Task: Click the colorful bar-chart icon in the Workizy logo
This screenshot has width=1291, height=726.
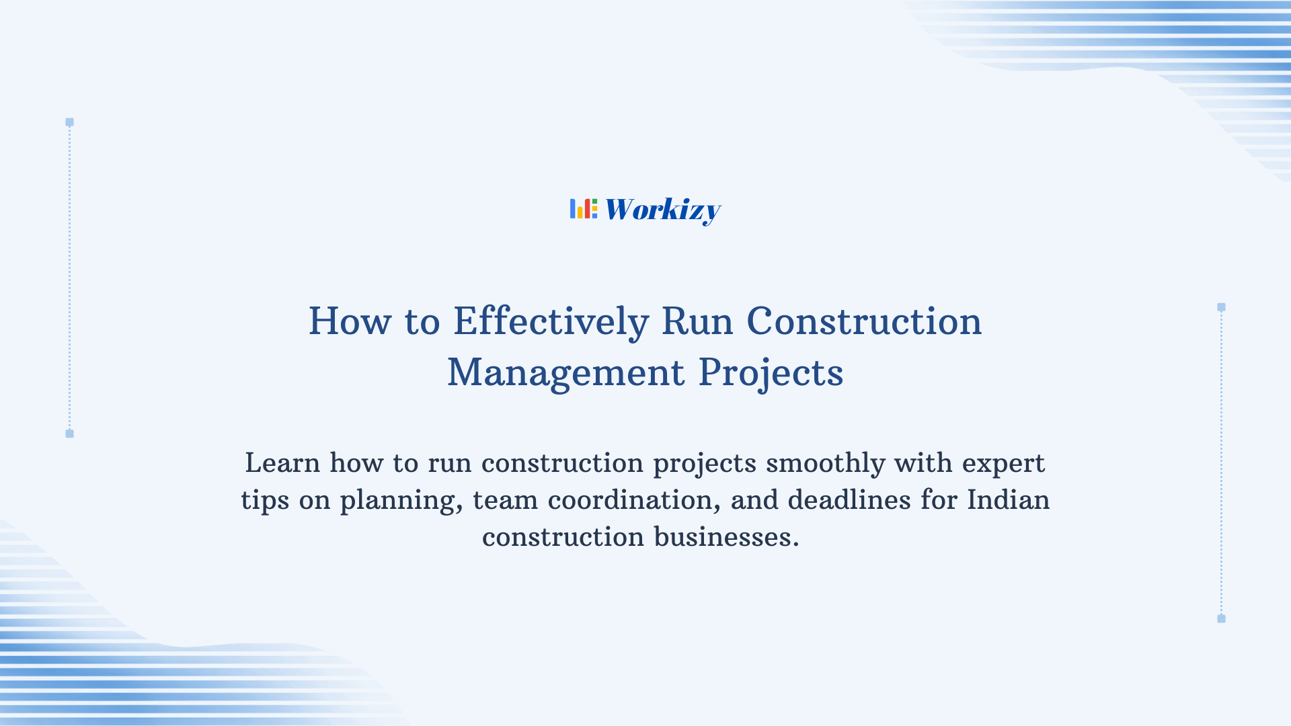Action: coord(584,209)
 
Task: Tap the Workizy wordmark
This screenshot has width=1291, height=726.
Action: coord(663,210)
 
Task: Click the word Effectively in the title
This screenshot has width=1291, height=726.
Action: coord(551,321)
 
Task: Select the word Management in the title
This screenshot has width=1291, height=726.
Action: coord(566,372)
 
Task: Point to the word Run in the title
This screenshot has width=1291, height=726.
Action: coord(697,321)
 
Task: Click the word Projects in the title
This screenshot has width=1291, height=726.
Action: coord(771,372)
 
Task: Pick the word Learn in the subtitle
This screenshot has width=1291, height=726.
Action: coord(282,463)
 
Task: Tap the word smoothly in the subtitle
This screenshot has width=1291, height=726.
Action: coord(825,463)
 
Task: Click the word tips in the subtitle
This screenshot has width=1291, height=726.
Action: coord(265,500)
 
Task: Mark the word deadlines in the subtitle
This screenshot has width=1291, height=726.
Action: coord(849,500)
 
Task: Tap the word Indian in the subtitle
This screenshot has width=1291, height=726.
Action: coord(1008,500)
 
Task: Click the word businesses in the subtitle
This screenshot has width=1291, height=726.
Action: coord(726,537)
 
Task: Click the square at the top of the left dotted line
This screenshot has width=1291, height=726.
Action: coord(69,122)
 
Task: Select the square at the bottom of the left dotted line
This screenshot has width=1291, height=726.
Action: coord(69,434)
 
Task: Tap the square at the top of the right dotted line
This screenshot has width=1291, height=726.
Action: coord(1221,307)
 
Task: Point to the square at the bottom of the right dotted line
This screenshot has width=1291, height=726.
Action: coord(1221,618)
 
